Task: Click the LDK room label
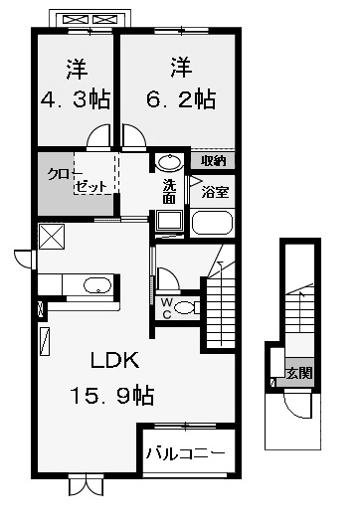(115, 360)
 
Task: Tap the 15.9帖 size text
(112, 396)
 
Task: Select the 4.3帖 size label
(76, 99)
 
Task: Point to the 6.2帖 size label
(181, 99)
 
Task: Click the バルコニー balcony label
(185, 453)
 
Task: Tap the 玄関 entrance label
(299, 373)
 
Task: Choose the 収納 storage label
(213, 161)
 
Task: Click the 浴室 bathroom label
(215, 192)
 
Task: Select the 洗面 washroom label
(169, 192)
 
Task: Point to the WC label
(167, 308)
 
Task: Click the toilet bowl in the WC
(186, 308)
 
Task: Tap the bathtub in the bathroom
(212, 222)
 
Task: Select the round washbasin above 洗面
(170, 162)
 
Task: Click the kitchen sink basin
(97, 285)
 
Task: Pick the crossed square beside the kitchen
(52, 237)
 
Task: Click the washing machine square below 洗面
(169, 221)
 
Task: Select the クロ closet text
(59, 174)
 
